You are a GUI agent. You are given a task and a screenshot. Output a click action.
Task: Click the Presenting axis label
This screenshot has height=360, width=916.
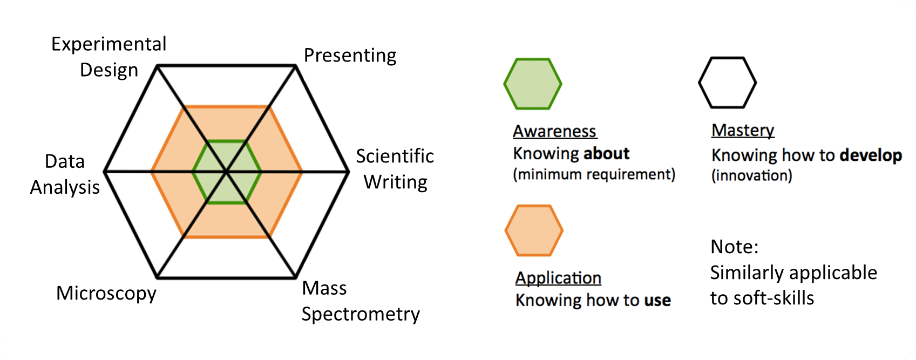[350, 56]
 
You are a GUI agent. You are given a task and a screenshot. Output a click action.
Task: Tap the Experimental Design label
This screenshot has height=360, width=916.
[109, 57]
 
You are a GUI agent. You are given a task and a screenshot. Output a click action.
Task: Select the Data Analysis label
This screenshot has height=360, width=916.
[65, 174]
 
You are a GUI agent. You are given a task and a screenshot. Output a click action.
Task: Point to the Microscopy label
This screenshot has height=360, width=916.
[106, 293]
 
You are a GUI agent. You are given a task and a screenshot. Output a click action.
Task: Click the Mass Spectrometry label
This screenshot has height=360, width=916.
[360, 301]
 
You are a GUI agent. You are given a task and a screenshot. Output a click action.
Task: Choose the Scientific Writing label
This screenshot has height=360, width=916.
[395, 169]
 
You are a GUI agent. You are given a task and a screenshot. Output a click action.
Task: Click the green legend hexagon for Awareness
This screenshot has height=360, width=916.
[533, 84]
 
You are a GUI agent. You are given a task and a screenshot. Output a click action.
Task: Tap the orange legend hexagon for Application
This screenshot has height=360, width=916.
[534, 230]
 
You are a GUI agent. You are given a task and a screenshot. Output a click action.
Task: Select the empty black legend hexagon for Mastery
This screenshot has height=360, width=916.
[727, 83]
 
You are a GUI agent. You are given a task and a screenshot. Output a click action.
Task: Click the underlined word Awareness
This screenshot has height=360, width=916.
[554, 131]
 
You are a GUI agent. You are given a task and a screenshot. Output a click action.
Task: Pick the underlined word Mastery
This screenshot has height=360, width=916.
[743, 130]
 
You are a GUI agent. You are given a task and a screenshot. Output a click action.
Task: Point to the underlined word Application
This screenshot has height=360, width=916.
[558, 278]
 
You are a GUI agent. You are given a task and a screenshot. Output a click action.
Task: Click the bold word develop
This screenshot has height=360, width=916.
[871, 155]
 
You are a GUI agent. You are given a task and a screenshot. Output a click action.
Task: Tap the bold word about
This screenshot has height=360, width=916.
[606, 154]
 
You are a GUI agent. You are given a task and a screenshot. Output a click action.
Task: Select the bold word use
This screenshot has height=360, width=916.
[657, 300]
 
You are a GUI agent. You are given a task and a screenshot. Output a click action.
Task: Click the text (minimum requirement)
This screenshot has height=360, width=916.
[594, 175]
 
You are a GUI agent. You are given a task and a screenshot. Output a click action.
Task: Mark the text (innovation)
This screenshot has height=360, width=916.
[751, 176]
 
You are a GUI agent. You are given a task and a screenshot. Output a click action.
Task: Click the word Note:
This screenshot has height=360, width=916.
[735, 247]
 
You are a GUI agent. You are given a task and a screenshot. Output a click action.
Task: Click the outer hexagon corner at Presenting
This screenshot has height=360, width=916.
[295, 66]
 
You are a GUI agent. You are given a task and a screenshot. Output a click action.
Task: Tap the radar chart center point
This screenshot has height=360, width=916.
[227, 172]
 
